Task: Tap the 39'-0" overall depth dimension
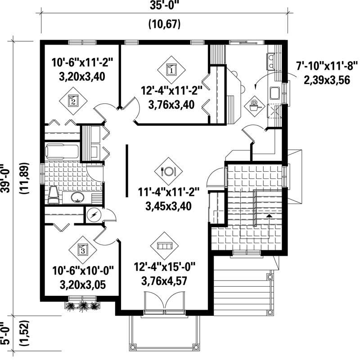coord(7,178)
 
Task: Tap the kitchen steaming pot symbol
coord(254,107)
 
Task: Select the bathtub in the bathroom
coord(63,151)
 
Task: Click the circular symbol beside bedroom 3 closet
coord(94,215)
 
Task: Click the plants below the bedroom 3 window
coord(82,306)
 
